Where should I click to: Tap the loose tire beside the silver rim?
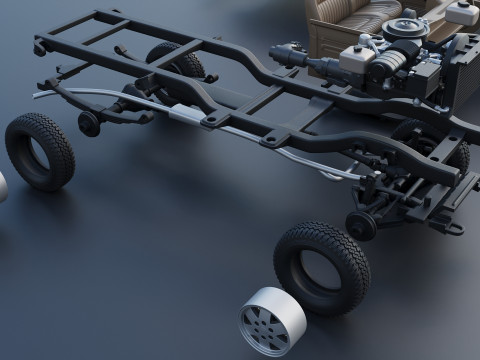pyautogui.click(x=321, y=267)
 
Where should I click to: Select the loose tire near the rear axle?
pyautogui.click(x=40, y=151)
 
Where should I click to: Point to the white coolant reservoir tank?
pyautogui.click(x=462, y=13)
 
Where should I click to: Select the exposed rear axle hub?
pyautogui.click(x=89, y=124)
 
